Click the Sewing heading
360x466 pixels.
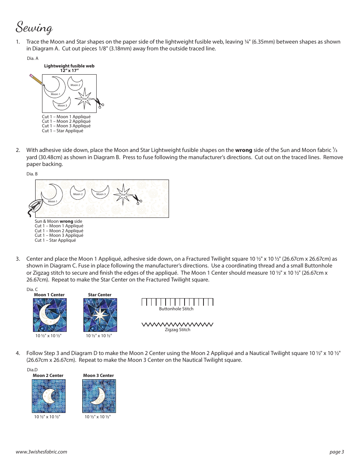click(x=34, y=27)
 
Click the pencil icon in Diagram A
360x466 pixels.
click(x=36, y=81)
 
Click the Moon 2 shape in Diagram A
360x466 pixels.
click(x=75, y=83)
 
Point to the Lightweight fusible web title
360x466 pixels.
click(x=69, y=68)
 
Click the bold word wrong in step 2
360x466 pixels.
click(x=244, y=150)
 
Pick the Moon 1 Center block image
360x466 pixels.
click(x=50, y=315)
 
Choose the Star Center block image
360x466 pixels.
click(x=100, y=315)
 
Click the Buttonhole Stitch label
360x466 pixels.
click(x=176, y=309)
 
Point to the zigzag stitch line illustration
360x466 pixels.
click(x=177, y=324)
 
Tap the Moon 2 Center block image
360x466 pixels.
click(x=49, y=396)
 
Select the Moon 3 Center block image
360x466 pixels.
click(x=99, y=396)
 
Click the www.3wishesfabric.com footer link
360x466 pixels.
click(x=42, y=452)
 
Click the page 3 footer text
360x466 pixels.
click(x=337, y=452)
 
